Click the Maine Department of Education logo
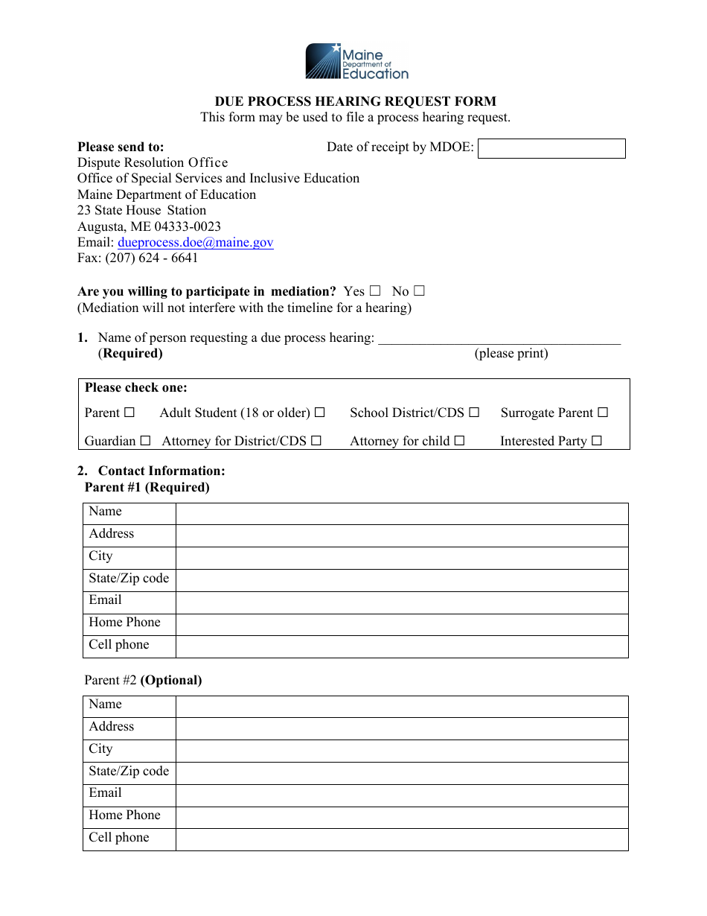[356, 61]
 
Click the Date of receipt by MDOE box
[551, 148]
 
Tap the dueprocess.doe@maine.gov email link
[195, 243]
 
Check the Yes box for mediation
[375, 291]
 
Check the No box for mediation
[420, 291]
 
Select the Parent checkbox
[129, 413]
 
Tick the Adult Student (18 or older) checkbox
[320, 413]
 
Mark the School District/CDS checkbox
[474, 413]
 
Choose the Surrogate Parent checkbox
[603, 413]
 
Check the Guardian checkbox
[145, 441]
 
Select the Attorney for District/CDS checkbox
[316, 441]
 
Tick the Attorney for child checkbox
[459, 441]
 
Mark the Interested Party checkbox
[597, 441]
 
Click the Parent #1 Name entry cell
[402, 514]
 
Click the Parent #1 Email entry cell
[402, 602]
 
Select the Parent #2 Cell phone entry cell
[402, 839]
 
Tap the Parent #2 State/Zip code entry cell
[402, 773]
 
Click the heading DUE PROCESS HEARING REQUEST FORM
[356, 101]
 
